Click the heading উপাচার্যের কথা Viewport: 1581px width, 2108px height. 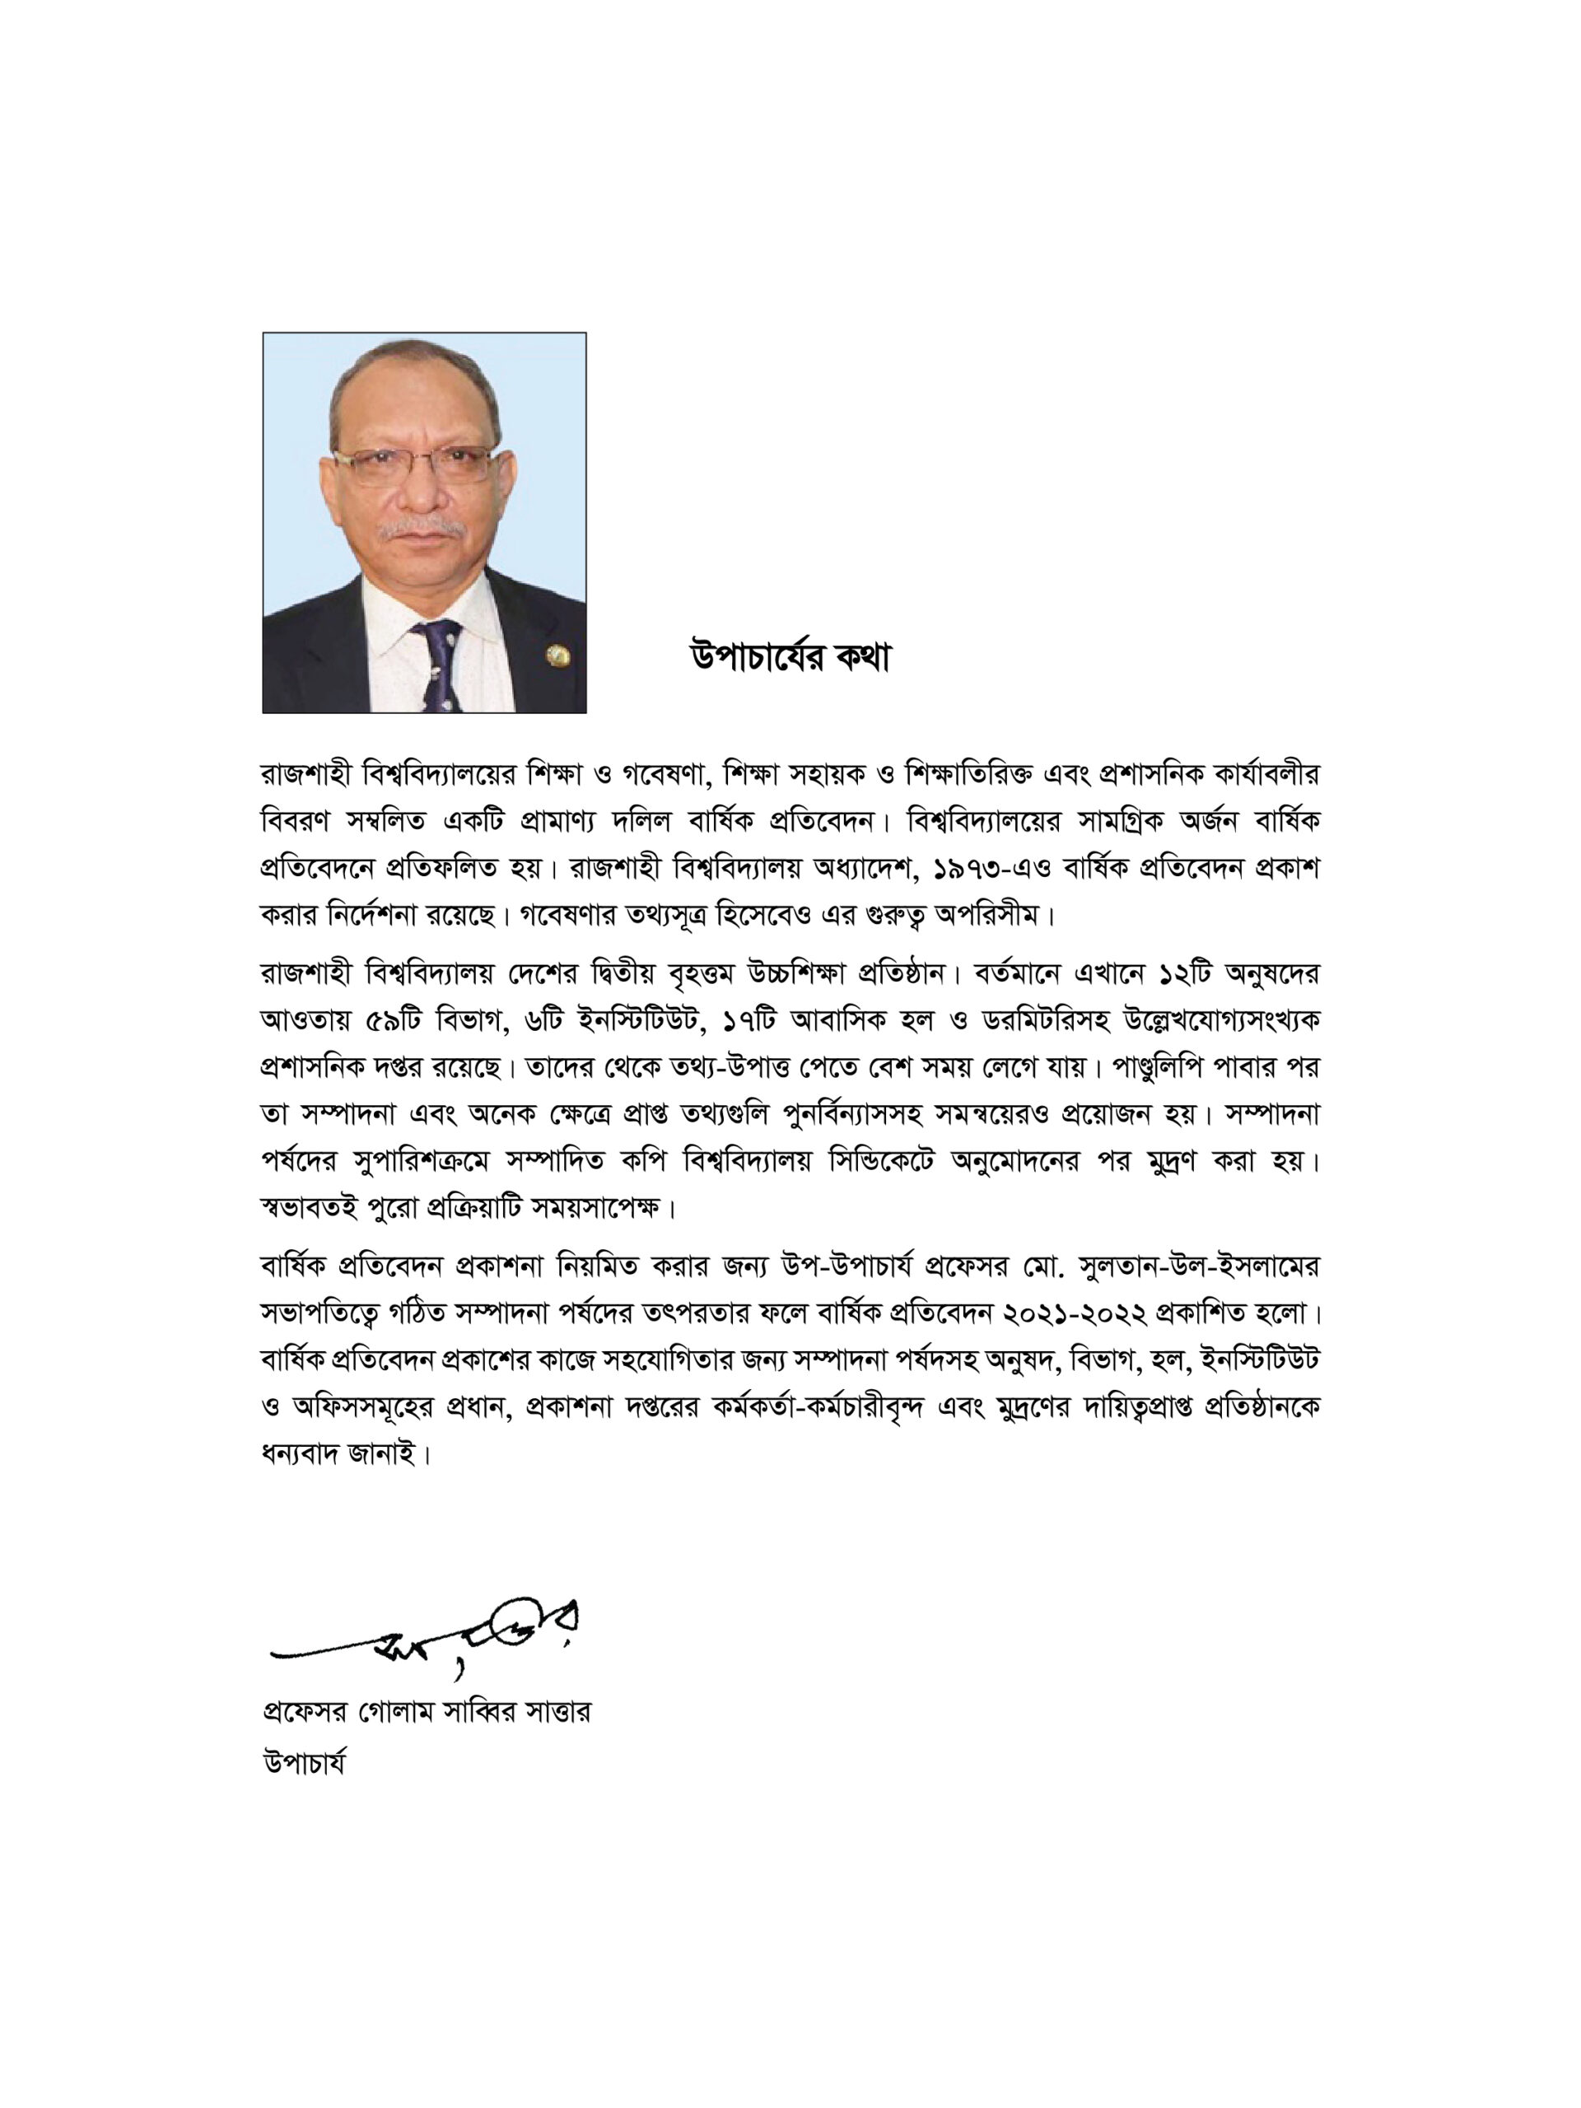(789, 660)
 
